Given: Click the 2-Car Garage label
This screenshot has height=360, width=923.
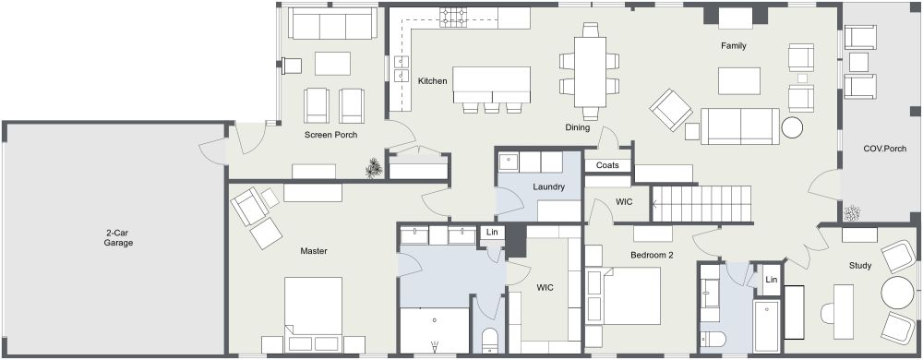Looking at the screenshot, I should [118, 237].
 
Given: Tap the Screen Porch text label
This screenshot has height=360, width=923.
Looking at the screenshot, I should [331, 135].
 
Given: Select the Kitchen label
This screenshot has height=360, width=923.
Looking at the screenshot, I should [432, 81].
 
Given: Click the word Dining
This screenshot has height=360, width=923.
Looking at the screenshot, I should [578, 127].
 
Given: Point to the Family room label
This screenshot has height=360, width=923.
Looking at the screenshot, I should [734, 45].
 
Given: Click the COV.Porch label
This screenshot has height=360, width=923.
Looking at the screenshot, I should [882, 148].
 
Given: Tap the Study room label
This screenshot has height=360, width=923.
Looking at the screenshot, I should [860, 266].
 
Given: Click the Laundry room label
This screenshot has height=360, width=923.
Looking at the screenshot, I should [548, 187].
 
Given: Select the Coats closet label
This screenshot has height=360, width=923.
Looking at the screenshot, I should [607, 165].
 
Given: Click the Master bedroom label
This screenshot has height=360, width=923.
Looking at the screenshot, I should [316, 250].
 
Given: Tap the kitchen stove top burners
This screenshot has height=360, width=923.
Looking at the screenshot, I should [454, 16].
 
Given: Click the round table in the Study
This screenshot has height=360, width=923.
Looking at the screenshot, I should [897, 294].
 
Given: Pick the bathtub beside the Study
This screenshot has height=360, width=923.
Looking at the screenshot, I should [766, 325].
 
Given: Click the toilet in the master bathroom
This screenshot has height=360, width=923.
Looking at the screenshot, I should [490, 338].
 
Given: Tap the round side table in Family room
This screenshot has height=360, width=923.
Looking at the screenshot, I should [793, 127].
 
